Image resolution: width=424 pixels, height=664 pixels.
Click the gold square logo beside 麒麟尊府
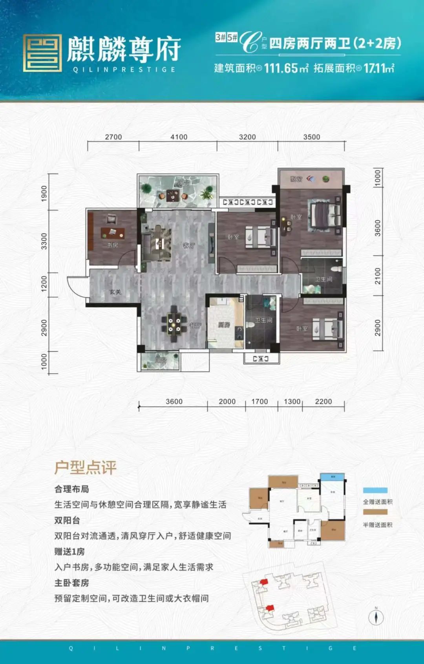[42, 53]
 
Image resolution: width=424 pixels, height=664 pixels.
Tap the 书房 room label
[113, 245]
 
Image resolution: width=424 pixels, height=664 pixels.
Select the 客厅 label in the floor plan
[189, 246]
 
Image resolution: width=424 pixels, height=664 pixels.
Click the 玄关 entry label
[115, 292]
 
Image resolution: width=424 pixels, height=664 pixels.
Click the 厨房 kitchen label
[224, 325]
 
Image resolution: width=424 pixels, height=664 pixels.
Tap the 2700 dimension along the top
[113, 137]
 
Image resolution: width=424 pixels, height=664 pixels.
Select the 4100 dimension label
[179, 137]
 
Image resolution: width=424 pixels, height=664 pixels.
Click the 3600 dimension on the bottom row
[174, 401]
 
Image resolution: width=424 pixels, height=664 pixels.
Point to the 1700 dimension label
[260, 401]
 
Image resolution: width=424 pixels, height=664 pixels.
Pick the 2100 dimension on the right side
[378, 276]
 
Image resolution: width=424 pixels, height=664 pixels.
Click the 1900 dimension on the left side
[44, 194]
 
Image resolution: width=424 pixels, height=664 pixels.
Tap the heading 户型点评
[86, 467]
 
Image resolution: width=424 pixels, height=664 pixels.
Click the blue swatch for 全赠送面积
[375, 490]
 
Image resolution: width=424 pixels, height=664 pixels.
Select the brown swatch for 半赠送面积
[375, 512]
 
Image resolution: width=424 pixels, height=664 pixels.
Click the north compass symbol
[376, 617]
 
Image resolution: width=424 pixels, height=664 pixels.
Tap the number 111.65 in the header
[281, 68]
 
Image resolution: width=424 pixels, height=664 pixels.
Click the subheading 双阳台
[67, 520]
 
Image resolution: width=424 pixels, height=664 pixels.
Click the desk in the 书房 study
[113, 233]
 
